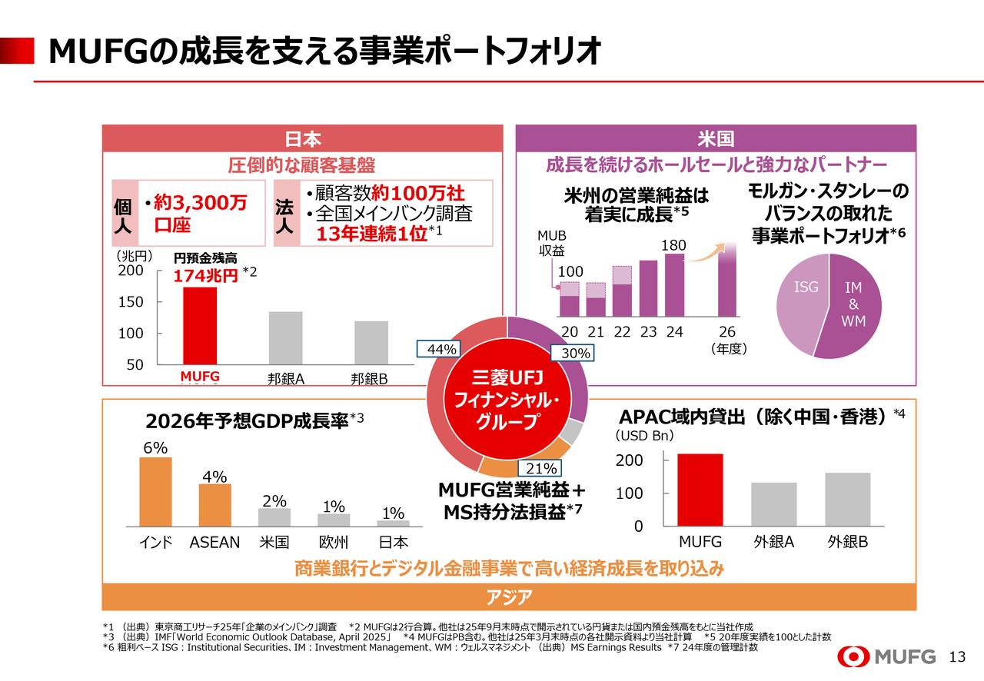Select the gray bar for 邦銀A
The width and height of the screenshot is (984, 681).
[285, 337]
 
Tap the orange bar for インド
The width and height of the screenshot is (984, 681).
[155, 491]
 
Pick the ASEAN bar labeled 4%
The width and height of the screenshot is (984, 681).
[214, 504]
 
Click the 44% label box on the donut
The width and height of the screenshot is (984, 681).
[441, 350]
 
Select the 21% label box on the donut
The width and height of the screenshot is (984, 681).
[540, 468]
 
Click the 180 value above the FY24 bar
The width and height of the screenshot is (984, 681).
[673, 245]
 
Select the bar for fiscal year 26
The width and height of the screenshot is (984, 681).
[726, 281]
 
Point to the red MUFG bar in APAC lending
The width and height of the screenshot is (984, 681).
[700, 490]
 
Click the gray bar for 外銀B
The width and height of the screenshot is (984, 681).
[848, 499]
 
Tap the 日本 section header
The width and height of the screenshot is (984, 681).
[303, 139]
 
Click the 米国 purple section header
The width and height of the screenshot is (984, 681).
[715, 139]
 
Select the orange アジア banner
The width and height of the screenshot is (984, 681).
[508, 597]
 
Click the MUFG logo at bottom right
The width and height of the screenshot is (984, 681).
[887, 656]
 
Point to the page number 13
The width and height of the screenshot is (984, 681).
[957, 657]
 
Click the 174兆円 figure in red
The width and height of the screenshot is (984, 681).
[205, 276]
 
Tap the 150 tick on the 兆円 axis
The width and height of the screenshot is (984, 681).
[131, 302]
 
